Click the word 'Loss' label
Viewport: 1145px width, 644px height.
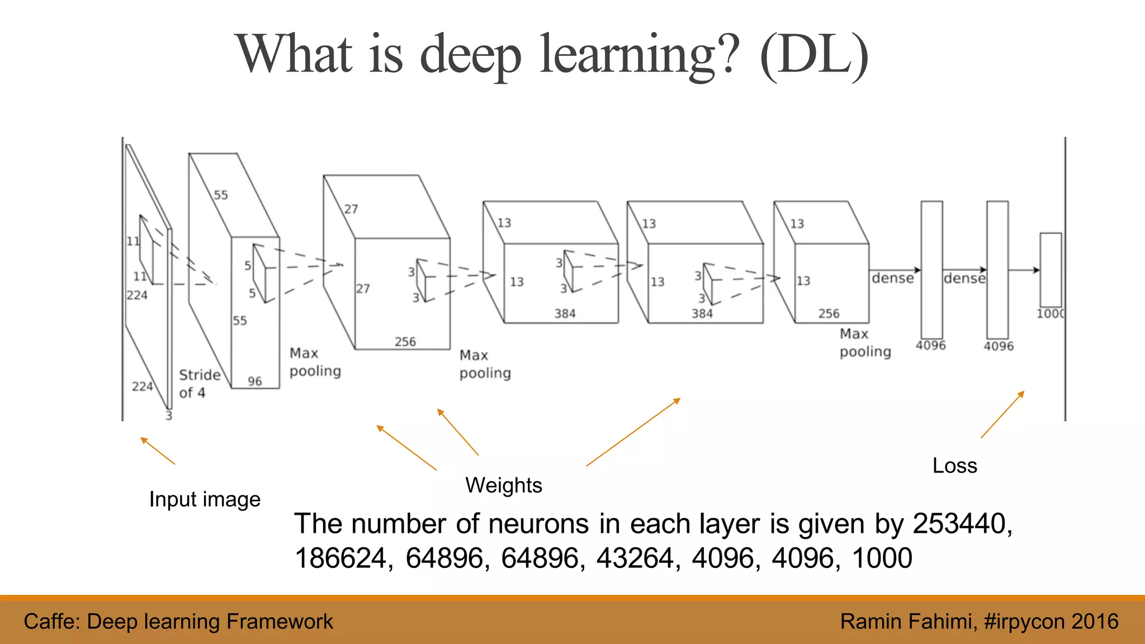(x=954, y=466)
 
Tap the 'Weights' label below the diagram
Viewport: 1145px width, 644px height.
(x=504, y=485)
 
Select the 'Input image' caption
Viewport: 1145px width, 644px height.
(x=205, y=499)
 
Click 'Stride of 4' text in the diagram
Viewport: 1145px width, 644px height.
(x=199, y=383)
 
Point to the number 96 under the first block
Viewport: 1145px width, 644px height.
(x=255, y=381)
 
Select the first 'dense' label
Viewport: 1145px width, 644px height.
(x=892, y=278)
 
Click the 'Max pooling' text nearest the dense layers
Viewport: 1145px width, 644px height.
(x=865, y=343)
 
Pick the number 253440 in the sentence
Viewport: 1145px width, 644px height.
(x=962, y=524)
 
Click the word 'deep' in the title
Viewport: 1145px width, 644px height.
(x=470, y=55)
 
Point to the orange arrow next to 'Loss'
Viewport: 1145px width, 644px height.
(x=1002, y=414)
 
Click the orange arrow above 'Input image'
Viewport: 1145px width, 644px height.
(x=158, y=451)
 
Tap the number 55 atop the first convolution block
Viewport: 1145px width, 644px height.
(x=221, y=195)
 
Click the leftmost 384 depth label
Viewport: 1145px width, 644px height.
(x=565, y=314)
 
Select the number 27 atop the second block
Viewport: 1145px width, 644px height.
(x=351, y=209)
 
